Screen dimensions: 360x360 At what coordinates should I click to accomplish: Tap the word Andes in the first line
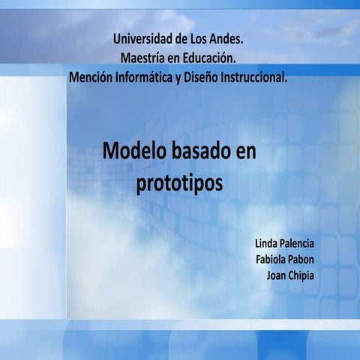(224, 37)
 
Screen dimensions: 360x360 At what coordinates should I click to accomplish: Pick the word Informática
(143, 76)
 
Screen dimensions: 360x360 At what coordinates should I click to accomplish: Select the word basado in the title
(197, 151)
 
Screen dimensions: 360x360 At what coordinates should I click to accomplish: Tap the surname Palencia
(297, 244)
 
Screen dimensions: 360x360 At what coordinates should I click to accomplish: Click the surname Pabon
(302, 259)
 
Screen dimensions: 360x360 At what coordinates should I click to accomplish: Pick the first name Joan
(277, 275)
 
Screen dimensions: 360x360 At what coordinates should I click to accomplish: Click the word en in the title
(245, 151)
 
